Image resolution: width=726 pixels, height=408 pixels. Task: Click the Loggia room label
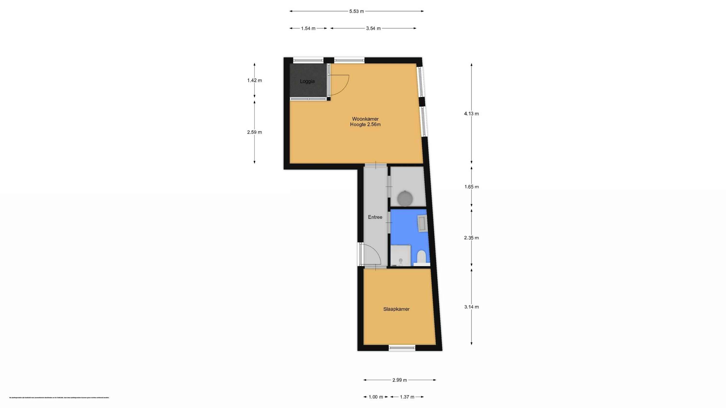307,81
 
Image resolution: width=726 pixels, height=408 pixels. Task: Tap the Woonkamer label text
365,119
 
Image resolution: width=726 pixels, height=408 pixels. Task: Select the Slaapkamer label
396,309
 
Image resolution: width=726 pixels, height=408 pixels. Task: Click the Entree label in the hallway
375,217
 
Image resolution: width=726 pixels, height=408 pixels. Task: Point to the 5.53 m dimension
356,11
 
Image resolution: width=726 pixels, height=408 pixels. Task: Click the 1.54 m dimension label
308,29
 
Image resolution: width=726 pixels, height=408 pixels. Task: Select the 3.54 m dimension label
373,29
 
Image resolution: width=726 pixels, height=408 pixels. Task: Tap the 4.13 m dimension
471,114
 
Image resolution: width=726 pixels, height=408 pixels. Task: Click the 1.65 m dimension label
471,187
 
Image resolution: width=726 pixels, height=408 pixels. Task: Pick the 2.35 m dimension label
471,238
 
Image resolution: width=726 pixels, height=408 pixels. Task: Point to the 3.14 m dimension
471,307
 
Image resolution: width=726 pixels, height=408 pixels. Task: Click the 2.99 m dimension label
399,380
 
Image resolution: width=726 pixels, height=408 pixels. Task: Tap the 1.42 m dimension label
255,80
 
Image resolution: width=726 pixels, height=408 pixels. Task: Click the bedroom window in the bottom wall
402,348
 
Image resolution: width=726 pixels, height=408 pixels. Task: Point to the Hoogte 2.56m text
365,124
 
